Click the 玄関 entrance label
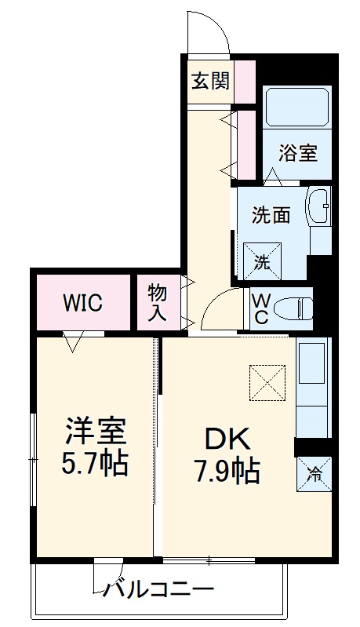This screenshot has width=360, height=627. click(x=210, y=81)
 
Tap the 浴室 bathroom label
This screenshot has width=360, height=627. click(x=299, y=152)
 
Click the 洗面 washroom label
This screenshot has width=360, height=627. click(x=271, y=216)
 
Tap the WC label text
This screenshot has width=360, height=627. click(x=262, y=309)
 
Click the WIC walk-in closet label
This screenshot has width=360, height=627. click(x=82, y=303)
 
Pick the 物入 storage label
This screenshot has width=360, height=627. click(x=157, y=303)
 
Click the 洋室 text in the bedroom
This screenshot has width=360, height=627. click(x=95, y=431)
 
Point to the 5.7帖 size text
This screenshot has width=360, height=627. click(x=95, y=465)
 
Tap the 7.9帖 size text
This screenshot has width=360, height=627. click(x=227, y=472)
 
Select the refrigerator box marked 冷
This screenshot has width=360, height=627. click(x=314, y=474)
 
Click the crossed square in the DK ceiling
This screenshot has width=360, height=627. click(x=269, y=383)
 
